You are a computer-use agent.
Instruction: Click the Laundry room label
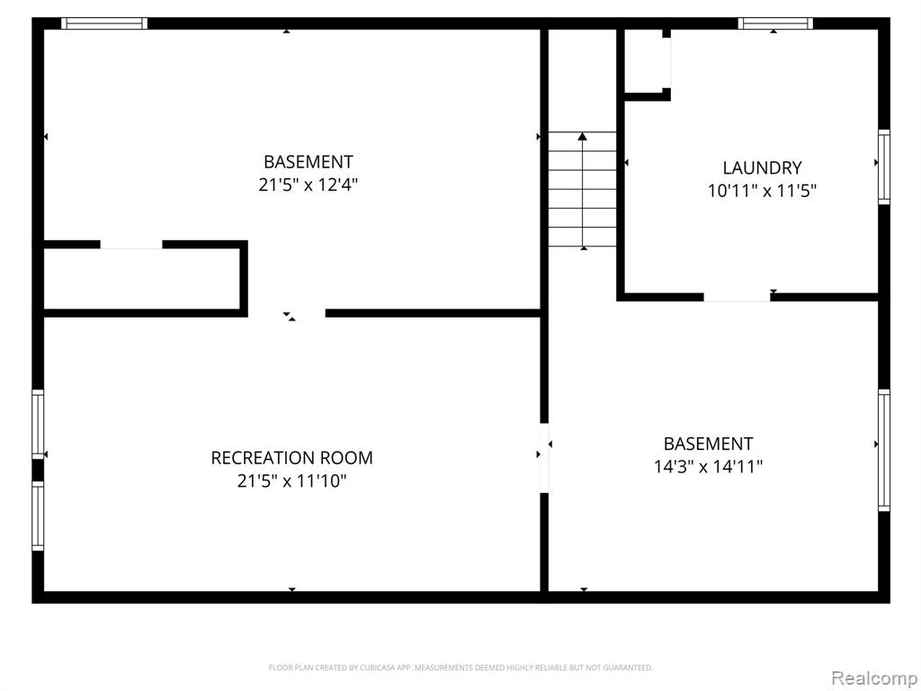pos(762,168)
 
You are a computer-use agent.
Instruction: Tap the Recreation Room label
pos(292,458)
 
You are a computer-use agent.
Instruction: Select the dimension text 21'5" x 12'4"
pos(308,185)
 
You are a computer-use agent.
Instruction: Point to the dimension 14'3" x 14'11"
pos(709,467)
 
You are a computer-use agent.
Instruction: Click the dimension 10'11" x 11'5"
pos(763,191)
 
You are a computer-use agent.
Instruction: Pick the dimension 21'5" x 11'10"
pos(292,481)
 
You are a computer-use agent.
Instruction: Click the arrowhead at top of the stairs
pos(582,137)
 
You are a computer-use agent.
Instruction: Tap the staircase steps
pos(582,189)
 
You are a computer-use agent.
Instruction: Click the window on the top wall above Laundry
pos(775,23)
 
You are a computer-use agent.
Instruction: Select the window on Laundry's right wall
pos(884,167)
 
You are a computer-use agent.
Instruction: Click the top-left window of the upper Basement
pos(104,23)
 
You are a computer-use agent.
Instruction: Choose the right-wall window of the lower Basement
pos(884,450)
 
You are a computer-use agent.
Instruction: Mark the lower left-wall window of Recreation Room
pos(38,516)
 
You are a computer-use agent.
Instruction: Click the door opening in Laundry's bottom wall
pos(738,297)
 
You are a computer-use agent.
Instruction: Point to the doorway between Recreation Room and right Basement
pos(544,458)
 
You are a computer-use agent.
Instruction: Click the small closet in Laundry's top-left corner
pos(645,62)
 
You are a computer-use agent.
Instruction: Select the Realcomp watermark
pos(873,678)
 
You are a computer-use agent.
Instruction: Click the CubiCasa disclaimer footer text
pos(461,668)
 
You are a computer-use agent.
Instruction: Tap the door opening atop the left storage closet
pos(131,245)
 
